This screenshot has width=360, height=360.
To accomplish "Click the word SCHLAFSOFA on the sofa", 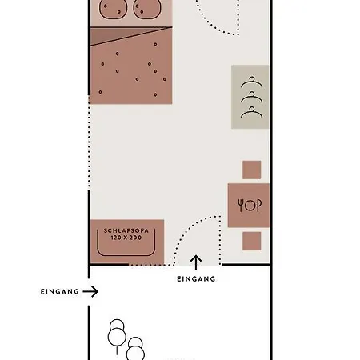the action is click(126, 230).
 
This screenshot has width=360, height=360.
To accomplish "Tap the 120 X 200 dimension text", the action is click(126, 238).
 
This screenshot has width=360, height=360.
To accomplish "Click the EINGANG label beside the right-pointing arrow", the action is click(60, 292).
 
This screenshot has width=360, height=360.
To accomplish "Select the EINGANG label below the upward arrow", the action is click(196, 279).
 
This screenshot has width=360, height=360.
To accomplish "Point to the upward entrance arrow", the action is click(196, 262).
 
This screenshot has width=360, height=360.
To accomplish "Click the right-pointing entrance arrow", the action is click(90, 291).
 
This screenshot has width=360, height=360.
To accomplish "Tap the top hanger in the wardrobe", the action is click(252, 82).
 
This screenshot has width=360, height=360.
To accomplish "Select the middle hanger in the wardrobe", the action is click(252, 97).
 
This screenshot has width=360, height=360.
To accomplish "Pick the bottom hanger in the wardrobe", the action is click(252, 112).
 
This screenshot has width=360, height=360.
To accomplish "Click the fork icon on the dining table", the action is click(241, 206).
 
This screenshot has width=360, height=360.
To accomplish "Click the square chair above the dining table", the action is click(252, 170).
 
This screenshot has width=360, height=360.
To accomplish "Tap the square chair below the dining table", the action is click(252, 241).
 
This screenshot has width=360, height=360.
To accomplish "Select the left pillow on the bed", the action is click(113, 9).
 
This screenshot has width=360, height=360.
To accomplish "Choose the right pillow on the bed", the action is click(146, 9).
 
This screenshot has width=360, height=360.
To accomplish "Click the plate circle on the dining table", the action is click(250, 206).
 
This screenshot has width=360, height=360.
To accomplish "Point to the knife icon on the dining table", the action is click(258, 206).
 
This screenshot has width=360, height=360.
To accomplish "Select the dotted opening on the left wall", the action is click(89, 142).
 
